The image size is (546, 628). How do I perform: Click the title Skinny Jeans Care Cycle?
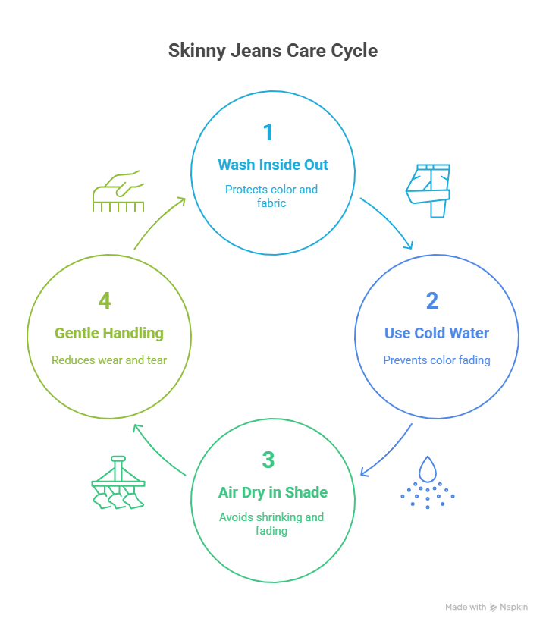coord(272,52)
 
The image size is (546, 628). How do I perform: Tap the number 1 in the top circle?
coord(268,133)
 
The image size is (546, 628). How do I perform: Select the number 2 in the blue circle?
coord(431,300)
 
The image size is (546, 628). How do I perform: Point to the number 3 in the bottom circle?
coord(268,460)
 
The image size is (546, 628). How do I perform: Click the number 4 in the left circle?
coord(105,300)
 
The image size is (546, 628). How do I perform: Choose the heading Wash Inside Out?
coord(272,165)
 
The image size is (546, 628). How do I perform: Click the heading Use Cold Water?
coord(436,333)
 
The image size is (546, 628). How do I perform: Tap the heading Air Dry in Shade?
coord(272,492)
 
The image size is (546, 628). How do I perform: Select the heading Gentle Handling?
coord(108,333)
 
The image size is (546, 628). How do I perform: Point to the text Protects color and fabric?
coord(271,196)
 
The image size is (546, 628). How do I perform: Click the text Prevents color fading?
coord(436,360)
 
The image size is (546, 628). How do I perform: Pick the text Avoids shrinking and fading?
coord(271,524)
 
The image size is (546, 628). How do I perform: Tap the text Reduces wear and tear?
coord(108,360)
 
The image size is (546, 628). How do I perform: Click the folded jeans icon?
coord(428,190)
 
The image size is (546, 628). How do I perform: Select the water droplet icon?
coord(428,482)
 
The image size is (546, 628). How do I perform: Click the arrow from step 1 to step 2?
coord(388,223)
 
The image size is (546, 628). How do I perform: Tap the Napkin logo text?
coord(513,607)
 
